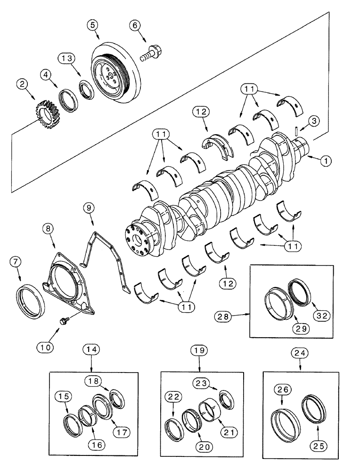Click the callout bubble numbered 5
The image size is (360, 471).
click(93, 25)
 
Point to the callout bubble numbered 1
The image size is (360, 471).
click(325, 161)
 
